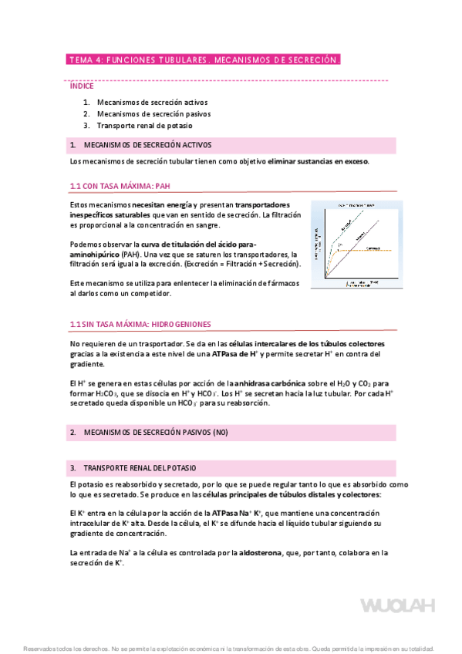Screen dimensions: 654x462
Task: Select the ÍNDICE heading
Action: (82, 86)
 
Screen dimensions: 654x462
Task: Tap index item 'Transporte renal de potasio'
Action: (145, 125)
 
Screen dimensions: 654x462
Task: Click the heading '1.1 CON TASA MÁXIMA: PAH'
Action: (120, 186)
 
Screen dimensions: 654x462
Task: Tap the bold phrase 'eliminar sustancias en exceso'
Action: (318, 161)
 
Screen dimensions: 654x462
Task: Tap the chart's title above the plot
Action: (356, 206)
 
